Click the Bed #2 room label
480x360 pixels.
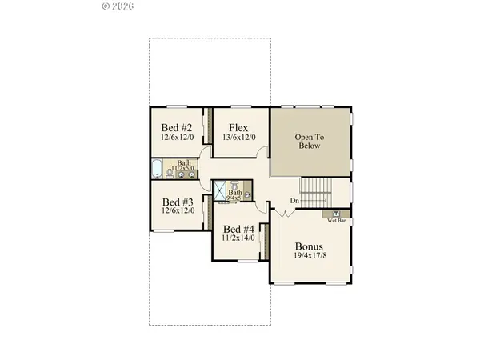176,128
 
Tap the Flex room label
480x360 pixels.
238,128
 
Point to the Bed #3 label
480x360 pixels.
177,202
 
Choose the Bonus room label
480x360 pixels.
309,246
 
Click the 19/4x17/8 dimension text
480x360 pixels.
309,257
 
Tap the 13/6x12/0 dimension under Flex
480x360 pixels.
238,138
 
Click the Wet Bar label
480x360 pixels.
336,221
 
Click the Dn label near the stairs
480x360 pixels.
294,200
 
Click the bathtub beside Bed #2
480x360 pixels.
157,169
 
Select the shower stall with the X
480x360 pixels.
218,190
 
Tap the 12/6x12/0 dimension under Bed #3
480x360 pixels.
177,212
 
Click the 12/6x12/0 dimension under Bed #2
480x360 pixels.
176,138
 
